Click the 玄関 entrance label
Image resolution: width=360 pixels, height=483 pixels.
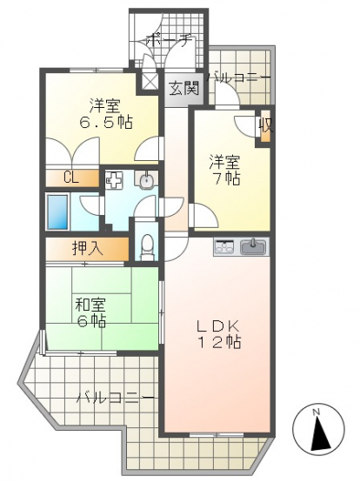(184, 90)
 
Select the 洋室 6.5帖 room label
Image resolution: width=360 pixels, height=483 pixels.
(106, 114)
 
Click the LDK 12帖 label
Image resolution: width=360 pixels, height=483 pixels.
(219, 333)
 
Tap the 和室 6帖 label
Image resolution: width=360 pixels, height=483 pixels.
(90, 313)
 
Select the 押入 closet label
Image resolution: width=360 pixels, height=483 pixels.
(87, 248)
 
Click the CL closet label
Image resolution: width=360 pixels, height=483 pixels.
(71, 178)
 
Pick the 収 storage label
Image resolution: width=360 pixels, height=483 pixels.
(265, 126)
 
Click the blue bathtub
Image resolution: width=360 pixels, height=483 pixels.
(57, 212)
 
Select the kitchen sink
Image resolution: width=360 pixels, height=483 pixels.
(254, 247)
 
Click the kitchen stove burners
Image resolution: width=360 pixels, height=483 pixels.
(224, 247)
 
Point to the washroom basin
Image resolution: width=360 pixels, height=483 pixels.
(145, 179)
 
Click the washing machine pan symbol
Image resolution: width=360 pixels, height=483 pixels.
(114, 180)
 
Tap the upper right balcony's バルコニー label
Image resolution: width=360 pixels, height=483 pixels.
(239, 78)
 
